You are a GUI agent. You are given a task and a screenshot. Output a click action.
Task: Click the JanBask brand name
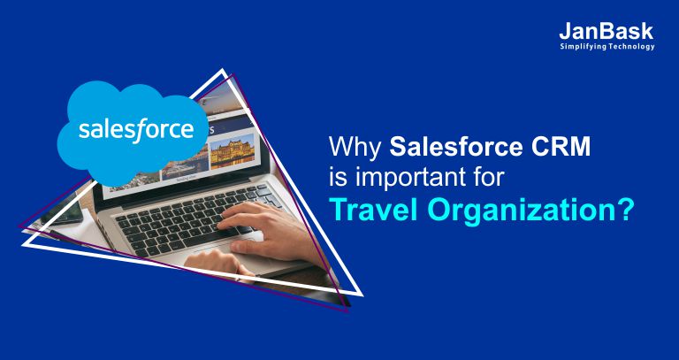pos(607,31)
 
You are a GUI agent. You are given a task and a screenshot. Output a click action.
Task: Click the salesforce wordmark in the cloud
pos(136,129)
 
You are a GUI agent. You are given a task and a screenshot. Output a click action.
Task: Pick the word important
pos(413,179)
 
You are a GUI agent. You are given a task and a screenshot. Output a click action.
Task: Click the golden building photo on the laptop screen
pos(233,150)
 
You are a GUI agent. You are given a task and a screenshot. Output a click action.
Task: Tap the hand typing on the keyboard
pos(260,227)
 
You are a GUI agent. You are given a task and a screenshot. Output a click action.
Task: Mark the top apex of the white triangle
pos(223,69)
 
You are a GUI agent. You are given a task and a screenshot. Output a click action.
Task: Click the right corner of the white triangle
pos(361,295)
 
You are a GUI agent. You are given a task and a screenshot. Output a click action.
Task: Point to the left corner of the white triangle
pos(23,244)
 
